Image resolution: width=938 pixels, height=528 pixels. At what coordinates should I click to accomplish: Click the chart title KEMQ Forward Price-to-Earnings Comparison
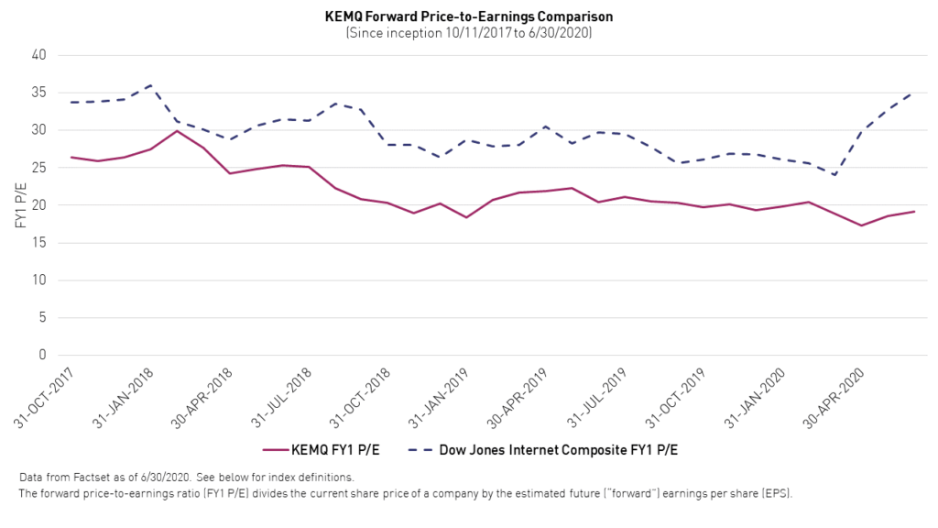tap(469, 16)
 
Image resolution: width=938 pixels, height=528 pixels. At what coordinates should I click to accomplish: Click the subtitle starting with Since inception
tap(469, 32)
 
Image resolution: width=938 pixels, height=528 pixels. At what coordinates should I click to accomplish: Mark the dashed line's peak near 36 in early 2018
tap(150, 85)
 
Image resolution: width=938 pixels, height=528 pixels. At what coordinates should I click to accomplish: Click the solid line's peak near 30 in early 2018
tap(177, 130)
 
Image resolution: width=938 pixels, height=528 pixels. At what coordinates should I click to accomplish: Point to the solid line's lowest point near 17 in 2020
tap(861, 225)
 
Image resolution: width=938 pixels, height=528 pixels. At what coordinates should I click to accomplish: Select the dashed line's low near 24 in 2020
tap(834, 175)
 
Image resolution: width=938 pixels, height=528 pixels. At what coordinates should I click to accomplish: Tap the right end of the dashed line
tap(913, 92)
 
